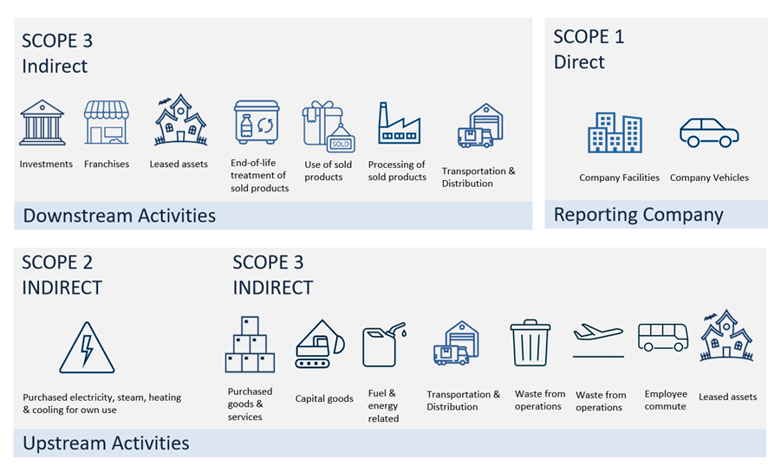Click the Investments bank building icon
[x=42, y=122]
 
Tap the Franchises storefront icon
[x=106, y=122]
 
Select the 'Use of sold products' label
[x=329, y=171]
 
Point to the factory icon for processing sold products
[x=399, y=123]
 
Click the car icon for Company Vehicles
[x=708, y=133]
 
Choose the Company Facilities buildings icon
[x=615, y=132]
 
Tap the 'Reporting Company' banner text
[x=638, y=215]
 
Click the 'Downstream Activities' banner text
[x=119, y=216]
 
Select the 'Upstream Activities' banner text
[x=106, y=443]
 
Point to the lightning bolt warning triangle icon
[x=87, y=349]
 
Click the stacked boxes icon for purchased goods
[x=250, y=346]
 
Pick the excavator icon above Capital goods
[x=320, y=345]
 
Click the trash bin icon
[x=530, y=343]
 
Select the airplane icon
[x=598, y=334]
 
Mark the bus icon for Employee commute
[x=662, y=337]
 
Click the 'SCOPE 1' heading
[x=589, y=37]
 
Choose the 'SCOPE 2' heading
[x=57, y=262]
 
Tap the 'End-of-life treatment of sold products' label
[x=259, y=176]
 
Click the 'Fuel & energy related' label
[x=383, y=405]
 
